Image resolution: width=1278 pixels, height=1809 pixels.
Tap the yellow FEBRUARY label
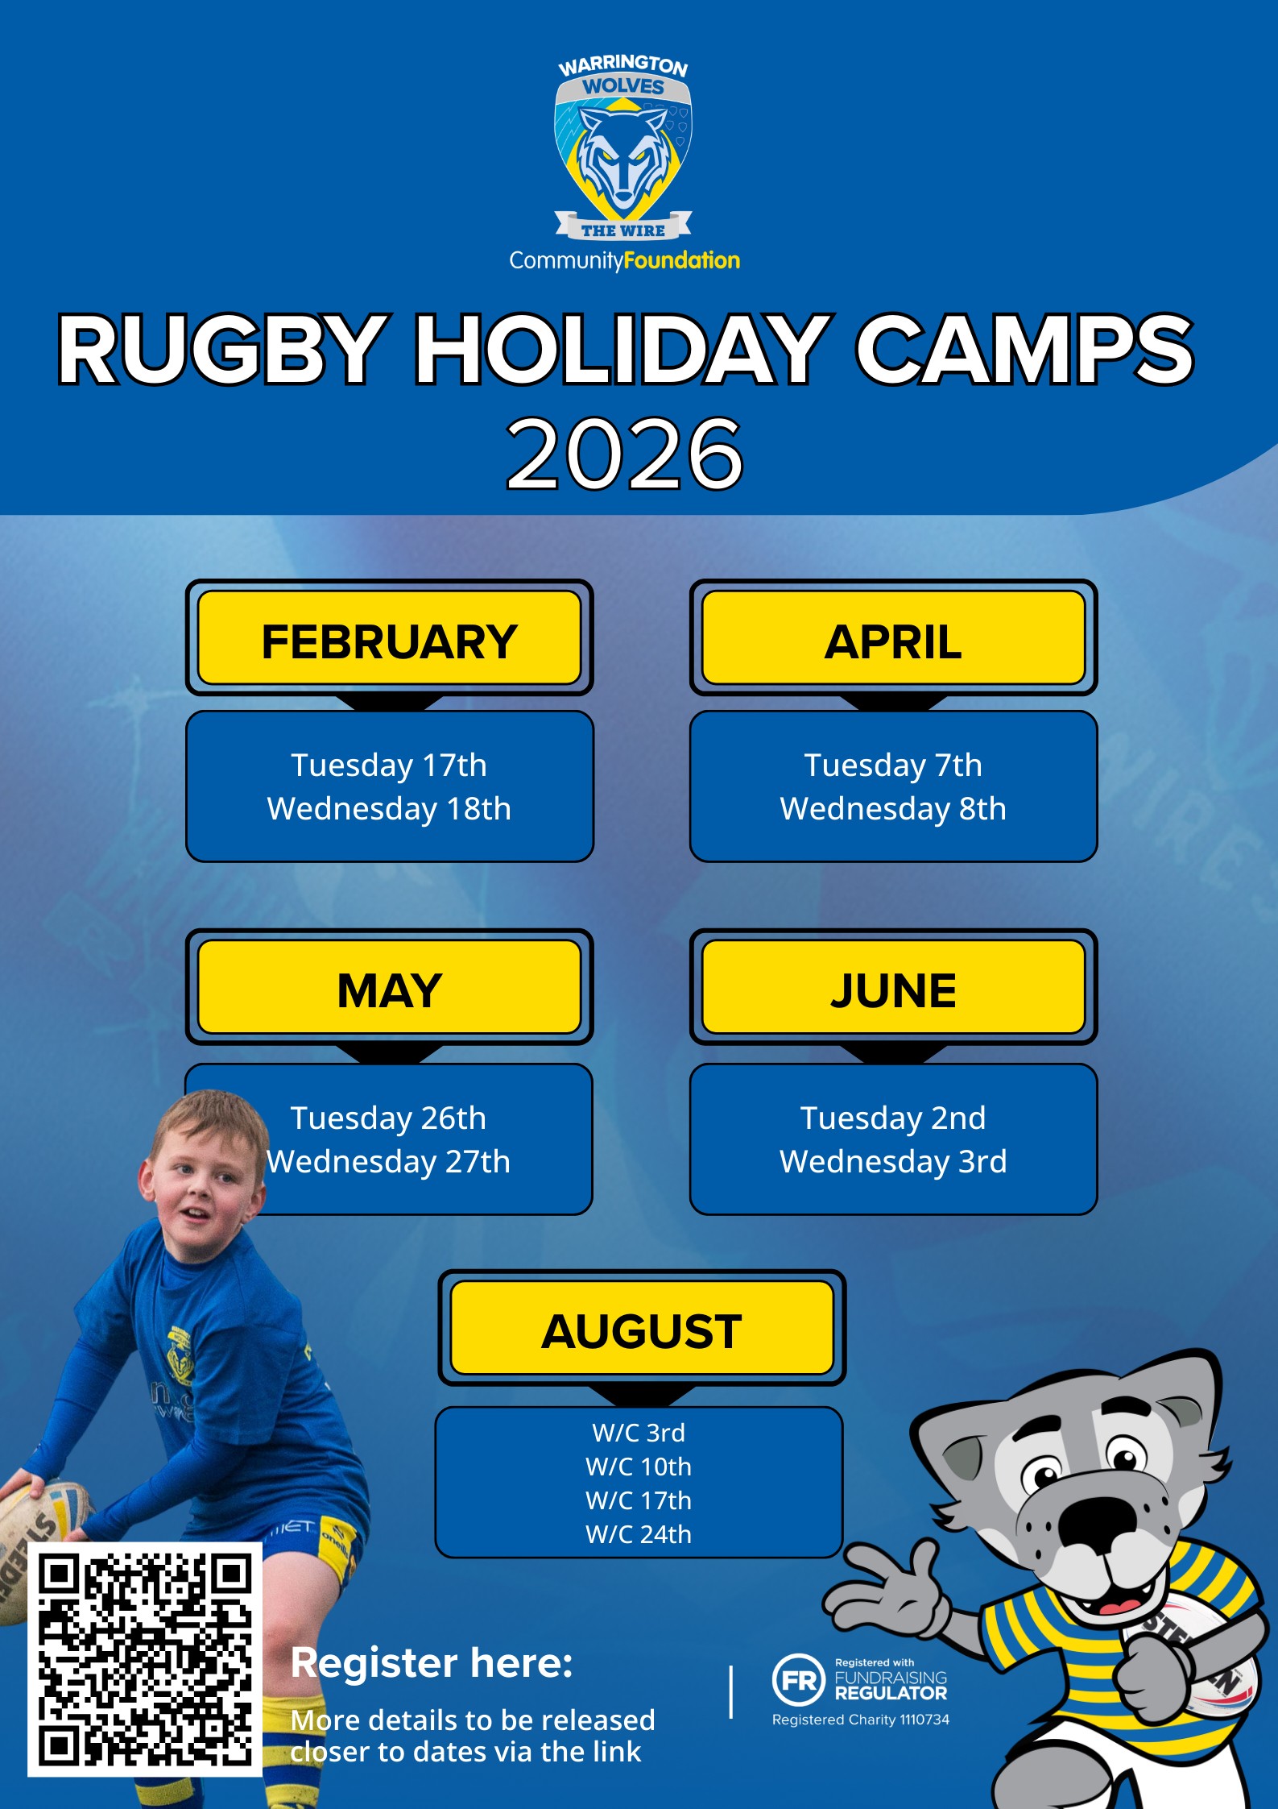click(389, 637)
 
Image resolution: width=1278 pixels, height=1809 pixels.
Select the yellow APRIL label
click(893, 637)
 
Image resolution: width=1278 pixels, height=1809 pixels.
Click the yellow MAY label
click(389, 986)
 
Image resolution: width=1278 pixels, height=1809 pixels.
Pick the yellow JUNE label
click(893, 986)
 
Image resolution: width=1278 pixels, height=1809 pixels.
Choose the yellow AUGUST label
click(641, 1327)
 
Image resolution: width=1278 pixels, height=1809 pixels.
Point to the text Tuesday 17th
click(389, 766)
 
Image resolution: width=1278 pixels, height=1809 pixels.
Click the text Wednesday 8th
click(893, 809)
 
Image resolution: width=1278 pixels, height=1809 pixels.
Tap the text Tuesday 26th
click(388, 1118)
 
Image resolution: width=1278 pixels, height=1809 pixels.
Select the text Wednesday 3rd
click(893, 1162)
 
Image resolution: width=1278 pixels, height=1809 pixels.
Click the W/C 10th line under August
click(639, 1467)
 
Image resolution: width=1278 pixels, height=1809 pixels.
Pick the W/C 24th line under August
click(639, 1534)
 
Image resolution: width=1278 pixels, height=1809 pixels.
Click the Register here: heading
click(432, 1662)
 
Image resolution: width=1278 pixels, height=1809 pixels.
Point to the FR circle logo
click(798, 1680)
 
